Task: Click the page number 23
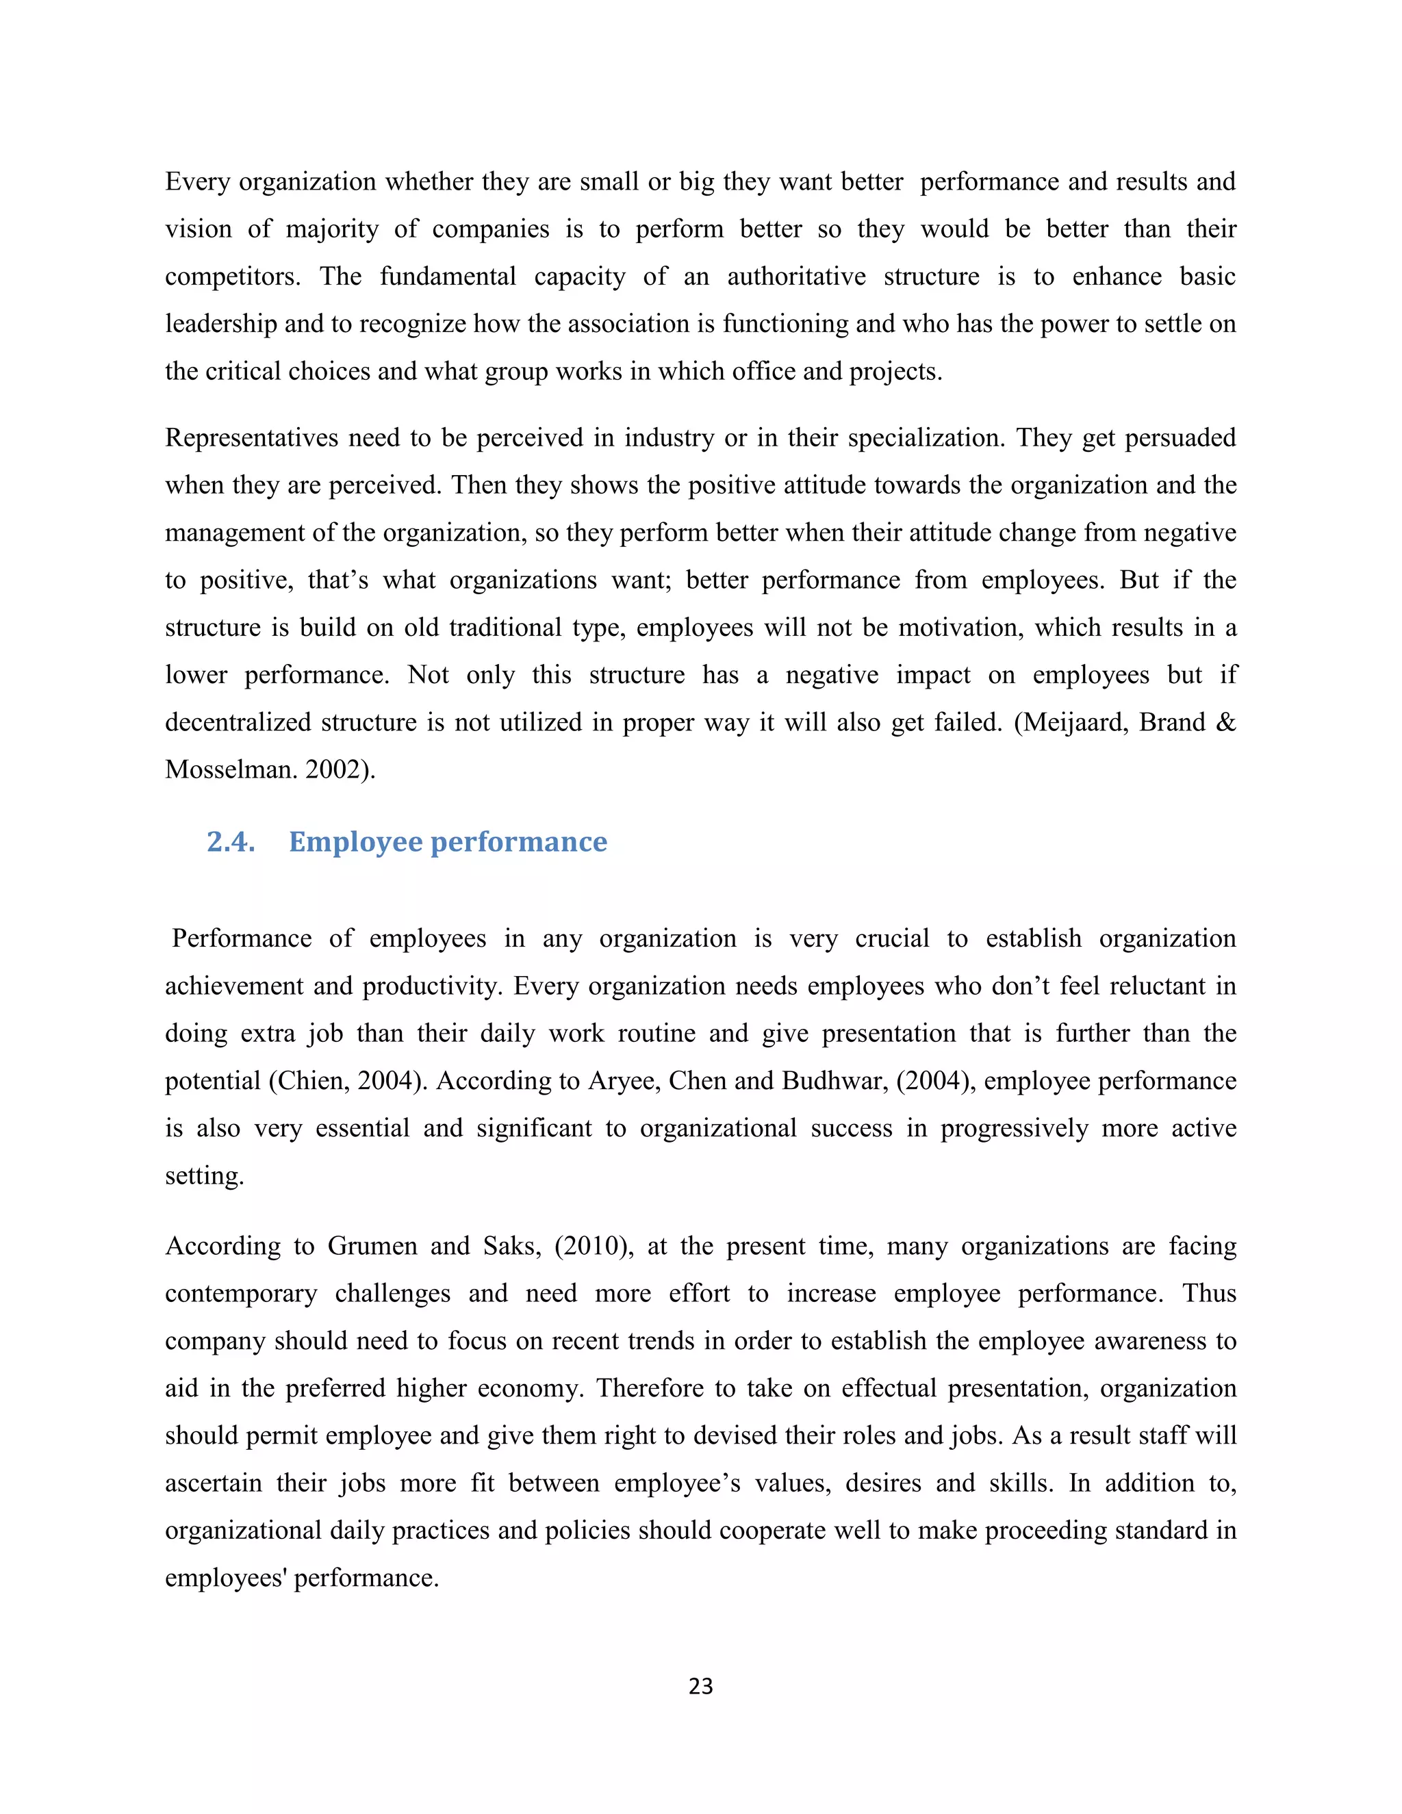pos(700,1685)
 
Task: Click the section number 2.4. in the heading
pos(231,842)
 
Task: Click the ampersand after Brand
pos(1225,723)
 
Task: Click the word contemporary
pos(241,1293)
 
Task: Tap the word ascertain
pos(213,1483)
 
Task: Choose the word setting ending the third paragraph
pos(203,1176)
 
